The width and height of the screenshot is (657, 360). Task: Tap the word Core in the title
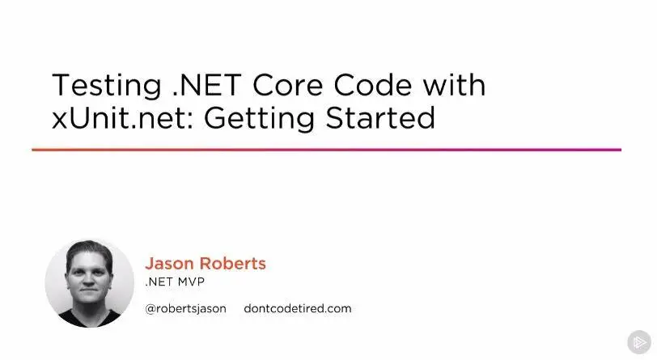point(288,85)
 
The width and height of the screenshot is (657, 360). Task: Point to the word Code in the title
point(373,85)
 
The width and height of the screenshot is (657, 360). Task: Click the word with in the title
point(454,85)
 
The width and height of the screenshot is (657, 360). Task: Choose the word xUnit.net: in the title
point(122,118)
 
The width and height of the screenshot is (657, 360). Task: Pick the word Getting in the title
point(259,120)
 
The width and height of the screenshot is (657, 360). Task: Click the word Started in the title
point(380,118)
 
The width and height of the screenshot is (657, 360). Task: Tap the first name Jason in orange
point(169,264)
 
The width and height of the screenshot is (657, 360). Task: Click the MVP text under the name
point(191,282)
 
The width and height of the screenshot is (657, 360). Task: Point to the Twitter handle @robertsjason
point(185,309)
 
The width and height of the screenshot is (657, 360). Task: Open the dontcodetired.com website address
point(298,308)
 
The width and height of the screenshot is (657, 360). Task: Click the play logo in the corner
point(639,342)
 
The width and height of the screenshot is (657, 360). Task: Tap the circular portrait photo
point(90,284)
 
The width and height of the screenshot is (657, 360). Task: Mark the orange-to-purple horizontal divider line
point(326,150)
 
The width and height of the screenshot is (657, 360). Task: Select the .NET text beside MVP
point(159,282)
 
